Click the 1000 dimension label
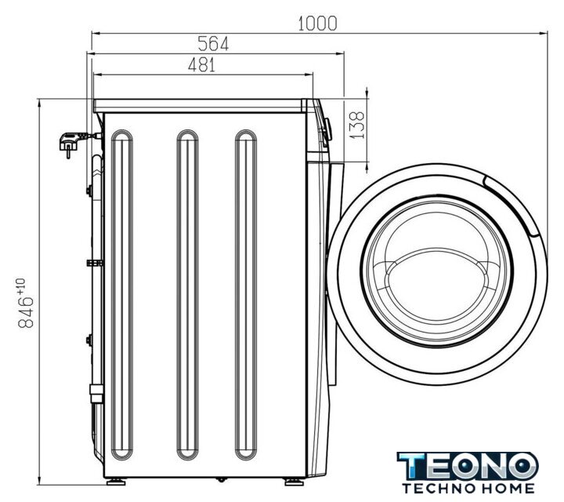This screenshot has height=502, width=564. pos(317,24)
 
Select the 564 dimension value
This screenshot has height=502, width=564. pos(213,44)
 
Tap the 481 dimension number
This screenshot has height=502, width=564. pos(202,65)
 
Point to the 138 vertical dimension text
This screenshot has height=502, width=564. pos(356,125)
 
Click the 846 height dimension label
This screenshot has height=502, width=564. pos(26,312)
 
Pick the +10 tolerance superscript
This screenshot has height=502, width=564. pos(21,285)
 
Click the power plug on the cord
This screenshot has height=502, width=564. pos(70,143)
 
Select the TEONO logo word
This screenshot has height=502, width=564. pos(467,466)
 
